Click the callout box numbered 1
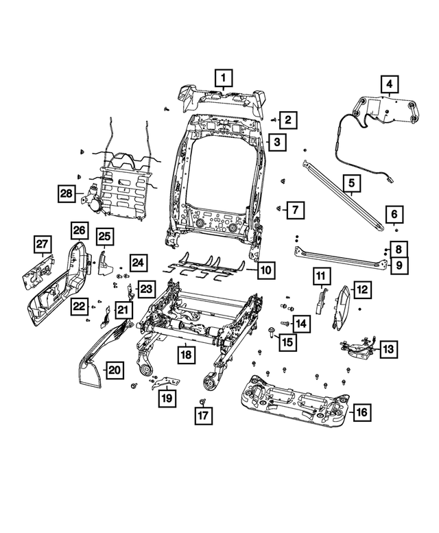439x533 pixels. click(224, 78)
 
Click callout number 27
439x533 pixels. click(43, 245)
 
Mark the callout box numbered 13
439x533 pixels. click(388, 349)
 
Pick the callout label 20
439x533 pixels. click(115, 370)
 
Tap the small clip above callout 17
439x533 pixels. click(203, 399)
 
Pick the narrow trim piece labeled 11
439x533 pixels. click(319, 300)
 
